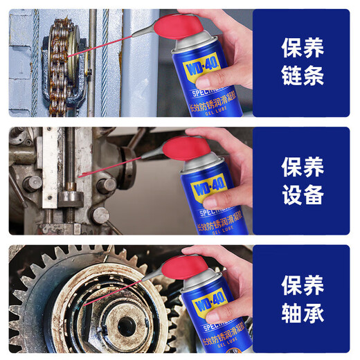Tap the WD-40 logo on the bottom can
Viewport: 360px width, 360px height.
point(199,309)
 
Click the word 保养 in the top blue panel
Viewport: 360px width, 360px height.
point(303,48)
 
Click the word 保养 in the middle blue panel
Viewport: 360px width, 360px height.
point(303,166)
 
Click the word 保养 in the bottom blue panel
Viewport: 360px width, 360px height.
point(303,285)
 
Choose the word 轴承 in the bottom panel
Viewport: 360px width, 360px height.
point(303,314)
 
